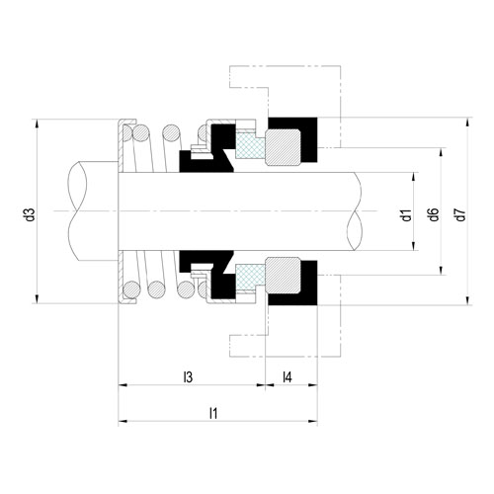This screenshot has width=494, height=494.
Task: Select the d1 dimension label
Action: point(407,215)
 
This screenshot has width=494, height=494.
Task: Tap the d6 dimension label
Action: point(434,214)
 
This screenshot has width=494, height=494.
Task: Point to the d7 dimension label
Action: point(461,214)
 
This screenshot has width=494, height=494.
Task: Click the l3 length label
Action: point(188,377)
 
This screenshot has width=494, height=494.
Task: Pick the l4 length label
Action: point(288,377)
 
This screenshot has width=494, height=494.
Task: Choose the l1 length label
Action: point(213,413)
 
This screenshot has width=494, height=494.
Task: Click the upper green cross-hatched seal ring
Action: point(250,145)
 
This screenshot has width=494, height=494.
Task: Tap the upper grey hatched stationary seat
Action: point(284,147)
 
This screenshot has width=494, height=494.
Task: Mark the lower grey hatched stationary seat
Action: point(284,276)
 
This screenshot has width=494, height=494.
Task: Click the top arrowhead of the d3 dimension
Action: point(37,124)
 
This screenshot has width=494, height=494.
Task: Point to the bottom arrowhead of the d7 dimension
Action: point(467,300)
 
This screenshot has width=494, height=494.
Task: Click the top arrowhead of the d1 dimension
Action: point(414,177)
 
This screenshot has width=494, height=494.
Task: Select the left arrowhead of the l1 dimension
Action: point(123,421)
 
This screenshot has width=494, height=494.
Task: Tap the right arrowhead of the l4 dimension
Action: point(312,384)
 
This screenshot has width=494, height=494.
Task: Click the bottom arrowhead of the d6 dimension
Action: point(441,270)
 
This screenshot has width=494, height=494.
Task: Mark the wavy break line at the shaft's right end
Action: point(355,211)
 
